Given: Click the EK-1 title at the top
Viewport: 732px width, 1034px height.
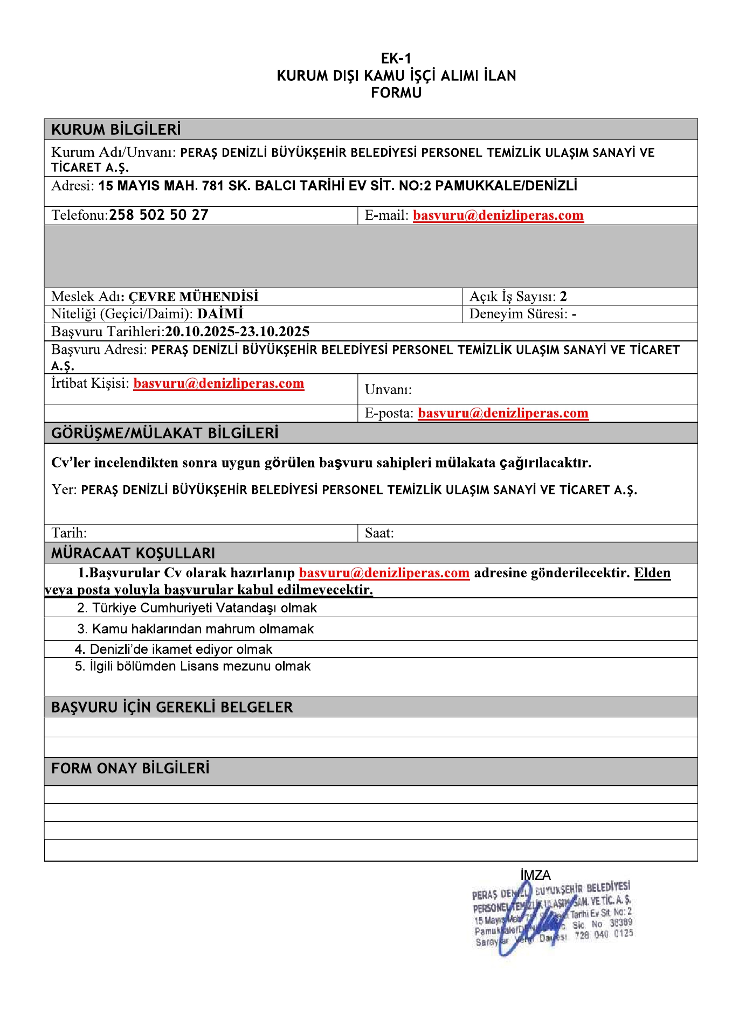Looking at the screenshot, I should (x=396, y=58).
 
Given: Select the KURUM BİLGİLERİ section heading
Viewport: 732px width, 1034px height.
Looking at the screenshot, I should (x=116, y=130).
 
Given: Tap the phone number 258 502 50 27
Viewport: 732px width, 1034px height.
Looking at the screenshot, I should (x=158, y=215).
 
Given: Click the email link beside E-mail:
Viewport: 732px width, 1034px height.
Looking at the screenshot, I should (x=498, y=215).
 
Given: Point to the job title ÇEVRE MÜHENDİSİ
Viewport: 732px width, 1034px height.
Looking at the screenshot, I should (x=194, y=297).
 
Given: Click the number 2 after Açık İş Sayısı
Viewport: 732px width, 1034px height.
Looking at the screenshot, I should (x=563, y=297).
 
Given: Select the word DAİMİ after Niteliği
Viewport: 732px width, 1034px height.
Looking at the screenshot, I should (x=220, y=314).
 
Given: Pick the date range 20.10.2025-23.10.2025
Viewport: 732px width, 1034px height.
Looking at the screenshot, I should (x=237, y=332).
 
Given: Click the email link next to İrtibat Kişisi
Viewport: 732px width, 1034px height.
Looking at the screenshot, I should (x=219, y=383).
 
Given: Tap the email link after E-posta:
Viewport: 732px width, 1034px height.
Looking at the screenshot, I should (x=503, y=413).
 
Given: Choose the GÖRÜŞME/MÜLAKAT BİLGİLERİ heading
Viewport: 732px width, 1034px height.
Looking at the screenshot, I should (x=164, y=433).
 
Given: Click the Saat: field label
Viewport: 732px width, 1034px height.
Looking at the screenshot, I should (x=379, y=533).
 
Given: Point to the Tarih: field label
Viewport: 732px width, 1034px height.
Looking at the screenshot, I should (x=69, y=533).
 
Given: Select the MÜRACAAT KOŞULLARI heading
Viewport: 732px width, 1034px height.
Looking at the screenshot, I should (x=133, y=553).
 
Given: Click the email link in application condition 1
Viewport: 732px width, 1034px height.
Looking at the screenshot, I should (x=384, y=573).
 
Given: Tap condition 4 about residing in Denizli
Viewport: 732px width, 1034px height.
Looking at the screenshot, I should (x=174, y=649).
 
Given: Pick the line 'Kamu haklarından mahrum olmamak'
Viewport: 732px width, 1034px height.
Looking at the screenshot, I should (x=196, y=629).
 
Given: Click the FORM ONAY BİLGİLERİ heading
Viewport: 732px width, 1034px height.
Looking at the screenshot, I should (x=130, y=768).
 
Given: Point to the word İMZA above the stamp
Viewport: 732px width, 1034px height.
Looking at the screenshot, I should (x=535, y=875).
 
